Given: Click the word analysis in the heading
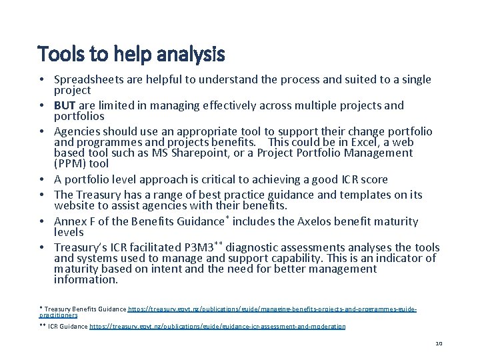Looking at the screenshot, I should click(x=191, y=53).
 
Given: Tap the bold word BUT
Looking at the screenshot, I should click(x=65, y=105).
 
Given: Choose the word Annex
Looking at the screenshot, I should click(x=70, y=221).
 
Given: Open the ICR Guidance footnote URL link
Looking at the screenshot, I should click(x=217, y=327).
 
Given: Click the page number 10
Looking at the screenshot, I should click(x=439, y=343).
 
